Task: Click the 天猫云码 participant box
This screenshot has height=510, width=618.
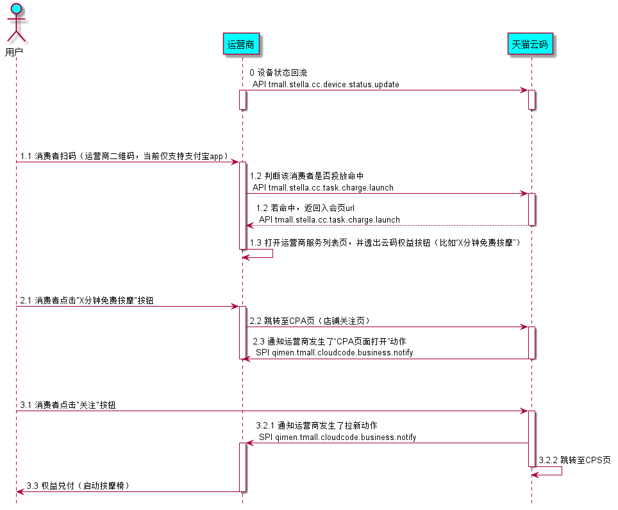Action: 530,44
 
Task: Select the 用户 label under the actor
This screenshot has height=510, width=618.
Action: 14,51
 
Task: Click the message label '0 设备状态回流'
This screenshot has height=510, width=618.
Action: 278,73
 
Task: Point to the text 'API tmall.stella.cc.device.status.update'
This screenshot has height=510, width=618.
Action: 326,84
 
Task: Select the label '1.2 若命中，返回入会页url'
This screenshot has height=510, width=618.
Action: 305,208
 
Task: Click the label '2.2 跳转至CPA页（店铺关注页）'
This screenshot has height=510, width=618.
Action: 310,321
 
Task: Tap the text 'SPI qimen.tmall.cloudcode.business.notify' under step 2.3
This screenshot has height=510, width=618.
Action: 334,353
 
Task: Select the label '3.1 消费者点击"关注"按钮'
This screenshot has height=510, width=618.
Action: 68,405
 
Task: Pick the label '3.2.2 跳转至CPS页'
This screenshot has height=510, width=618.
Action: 574,460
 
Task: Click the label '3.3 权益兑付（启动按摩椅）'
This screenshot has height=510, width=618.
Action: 78,486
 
